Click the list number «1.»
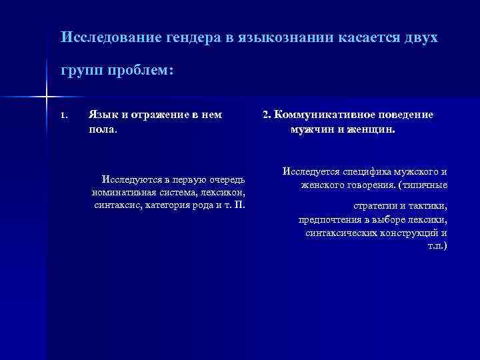pos(63,115)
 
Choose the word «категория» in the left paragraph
pos(167,204)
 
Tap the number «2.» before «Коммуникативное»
pos(267,115)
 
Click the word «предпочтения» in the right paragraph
pos(331,219)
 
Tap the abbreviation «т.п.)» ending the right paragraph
pos(437,246)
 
